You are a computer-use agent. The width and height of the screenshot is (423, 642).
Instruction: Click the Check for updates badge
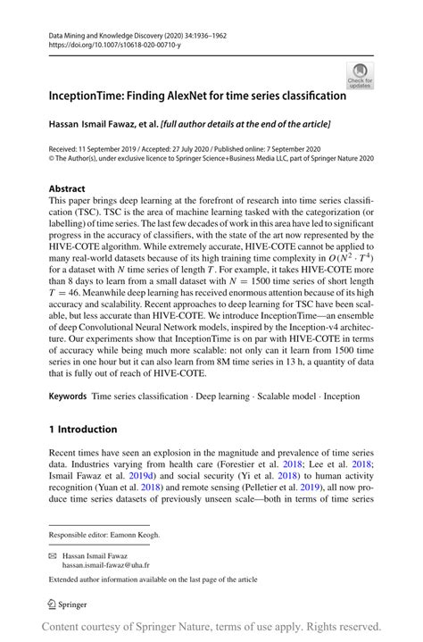click(x=360, y=75)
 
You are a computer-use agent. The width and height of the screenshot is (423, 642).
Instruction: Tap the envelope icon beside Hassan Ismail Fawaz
click(x=53, y=554)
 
